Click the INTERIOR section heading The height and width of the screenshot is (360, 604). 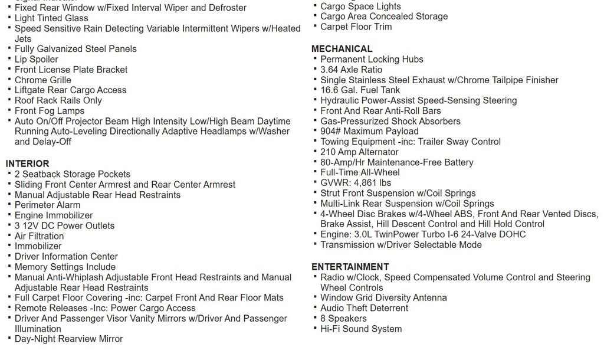coord(28,163)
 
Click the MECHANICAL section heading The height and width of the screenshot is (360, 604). coord(342,49)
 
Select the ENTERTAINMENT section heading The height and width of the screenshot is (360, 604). coord(350,267)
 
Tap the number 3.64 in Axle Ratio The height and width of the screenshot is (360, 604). coord(330,70)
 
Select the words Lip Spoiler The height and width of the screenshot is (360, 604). coord(37,59)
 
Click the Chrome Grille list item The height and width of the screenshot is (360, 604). coord(43,80)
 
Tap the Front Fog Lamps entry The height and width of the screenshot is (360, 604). coord(50,111)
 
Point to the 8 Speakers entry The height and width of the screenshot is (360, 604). coord(343,319)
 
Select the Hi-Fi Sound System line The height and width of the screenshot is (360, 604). coord(361,329)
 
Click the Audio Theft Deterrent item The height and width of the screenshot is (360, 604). coord(364,308)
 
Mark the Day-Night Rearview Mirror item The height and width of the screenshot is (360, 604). coord(68,339)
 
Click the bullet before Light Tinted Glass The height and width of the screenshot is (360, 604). coord(9,18)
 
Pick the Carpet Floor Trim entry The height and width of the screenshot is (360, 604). coord(356,27)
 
